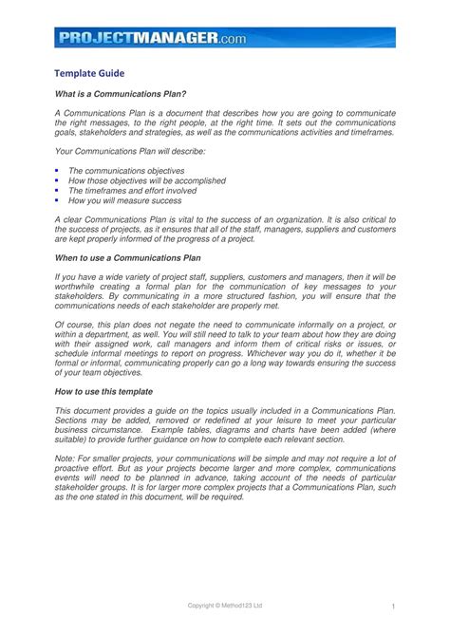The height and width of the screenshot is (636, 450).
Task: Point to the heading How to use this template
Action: [104, 391]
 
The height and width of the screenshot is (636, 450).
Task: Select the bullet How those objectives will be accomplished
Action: [147, 180]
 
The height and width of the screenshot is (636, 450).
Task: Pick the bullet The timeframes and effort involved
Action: [133, 191]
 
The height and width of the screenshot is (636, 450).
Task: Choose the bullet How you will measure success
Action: [120, 201]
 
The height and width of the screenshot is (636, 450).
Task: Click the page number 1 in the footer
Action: [392, 606]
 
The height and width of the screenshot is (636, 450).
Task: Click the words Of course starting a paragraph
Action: [75, 326]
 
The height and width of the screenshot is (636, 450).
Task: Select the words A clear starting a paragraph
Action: [69, 218]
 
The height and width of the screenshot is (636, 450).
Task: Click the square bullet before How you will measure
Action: [58, 201]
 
